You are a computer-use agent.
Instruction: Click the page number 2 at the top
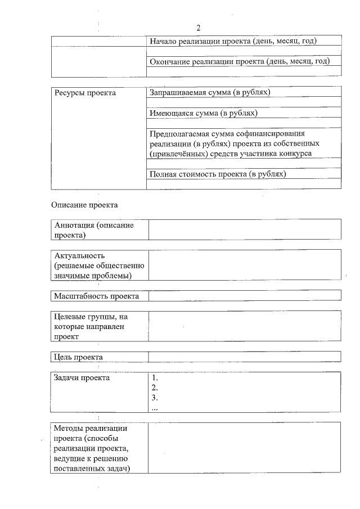[x=199, y=28]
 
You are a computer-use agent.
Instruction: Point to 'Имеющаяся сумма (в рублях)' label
[x=204, y=113]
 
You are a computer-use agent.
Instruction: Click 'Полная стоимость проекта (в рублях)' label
[x=218, y=174]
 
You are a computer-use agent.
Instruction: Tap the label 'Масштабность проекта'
[x=96, y=296]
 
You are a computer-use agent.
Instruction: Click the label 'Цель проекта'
[x=79, y=357]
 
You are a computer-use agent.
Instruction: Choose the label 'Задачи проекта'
[x=82, y=377]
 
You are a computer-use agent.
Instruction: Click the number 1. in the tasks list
[x=155, y=378]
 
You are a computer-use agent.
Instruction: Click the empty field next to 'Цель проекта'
[x=244, y=357]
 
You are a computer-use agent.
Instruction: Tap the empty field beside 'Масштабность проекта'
[x=244, y=296]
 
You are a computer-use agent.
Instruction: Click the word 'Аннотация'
[x=74, y=225]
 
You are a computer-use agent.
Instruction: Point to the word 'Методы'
[x=70, y=429]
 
